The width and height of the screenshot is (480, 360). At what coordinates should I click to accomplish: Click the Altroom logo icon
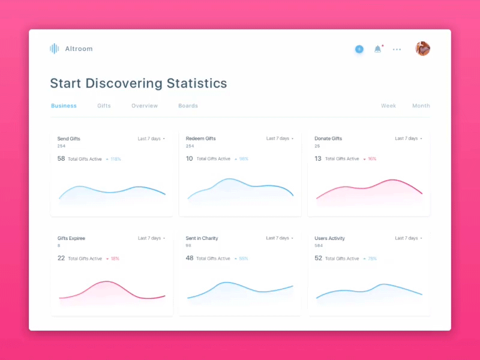54,49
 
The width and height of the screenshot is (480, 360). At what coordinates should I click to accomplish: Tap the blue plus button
359,49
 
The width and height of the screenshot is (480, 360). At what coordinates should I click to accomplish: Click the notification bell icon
377,49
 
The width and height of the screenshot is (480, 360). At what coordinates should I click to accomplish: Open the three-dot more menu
397,49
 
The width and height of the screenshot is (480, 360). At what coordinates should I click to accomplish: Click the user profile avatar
422,49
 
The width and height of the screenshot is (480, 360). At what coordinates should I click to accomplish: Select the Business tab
64,106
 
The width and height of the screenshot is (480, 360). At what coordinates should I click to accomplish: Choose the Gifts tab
104,106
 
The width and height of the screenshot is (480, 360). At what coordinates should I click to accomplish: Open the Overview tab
145,106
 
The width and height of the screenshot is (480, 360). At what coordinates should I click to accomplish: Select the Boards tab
188,106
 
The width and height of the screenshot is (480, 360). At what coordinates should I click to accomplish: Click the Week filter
388,106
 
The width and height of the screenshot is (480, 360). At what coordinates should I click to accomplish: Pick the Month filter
421,106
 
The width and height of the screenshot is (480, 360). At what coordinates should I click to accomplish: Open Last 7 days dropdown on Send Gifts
151,139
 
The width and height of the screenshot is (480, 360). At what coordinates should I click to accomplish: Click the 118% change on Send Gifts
115,159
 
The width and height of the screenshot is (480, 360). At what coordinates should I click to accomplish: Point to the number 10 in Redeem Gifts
190,158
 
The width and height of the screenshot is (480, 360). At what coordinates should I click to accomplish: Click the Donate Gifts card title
328,139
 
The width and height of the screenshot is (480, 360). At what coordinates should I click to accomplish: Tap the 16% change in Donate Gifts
372,159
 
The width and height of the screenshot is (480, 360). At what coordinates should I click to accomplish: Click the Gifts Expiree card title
71,238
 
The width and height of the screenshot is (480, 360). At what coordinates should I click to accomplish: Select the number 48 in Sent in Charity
190,258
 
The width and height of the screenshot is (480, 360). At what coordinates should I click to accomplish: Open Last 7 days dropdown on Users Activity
408,238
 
